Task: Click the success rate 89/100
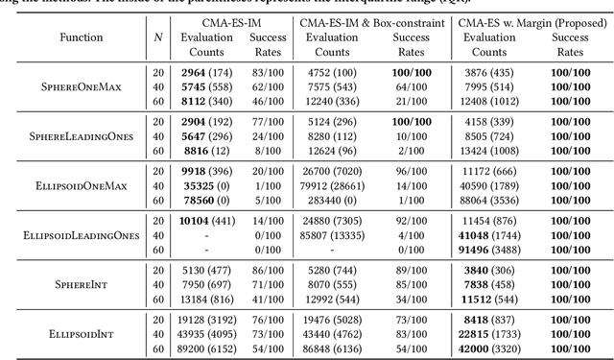pos(409,268)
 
